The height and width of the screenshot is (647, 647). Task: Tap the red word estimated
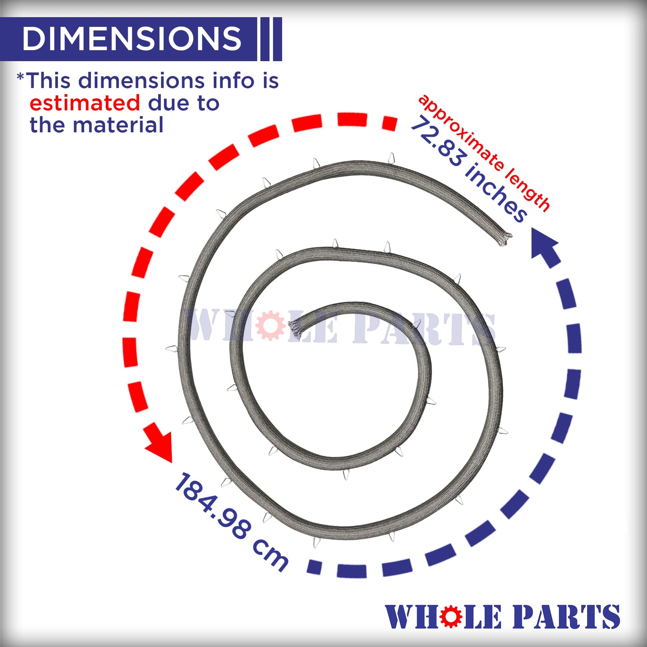85,103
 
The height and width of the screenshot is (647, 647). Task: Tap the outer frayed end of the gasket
504,239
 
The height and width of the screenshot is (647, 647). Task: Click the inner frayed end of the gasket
295,327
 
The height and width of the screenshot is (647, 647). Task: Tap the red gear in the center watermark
269,325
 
